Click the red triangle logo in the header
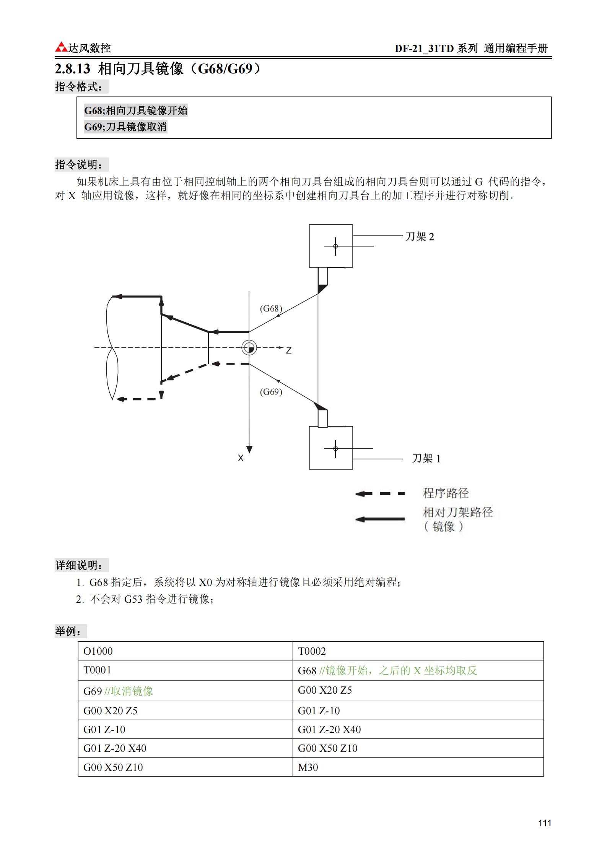pyautogui.click(x=61, y=47)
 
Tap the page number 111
pyautogui.click(x=544, y=823)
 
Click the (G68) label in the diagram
pyautogui.click(x=271, y=308)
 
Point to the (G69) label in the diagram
pyautogui.click(x=271, y=392)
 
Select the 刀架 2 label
pyautogui.click(x=420, y=237)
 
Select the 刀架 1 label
pyautogui.click(x=426, y=458)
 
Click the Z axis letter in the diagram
pyautogui.click(x=289, y=350)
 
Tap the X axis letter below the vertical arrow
pyautogui.click(x=241, y=458)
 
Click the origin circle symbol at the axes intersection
pyautogui.click(x=249, y=348)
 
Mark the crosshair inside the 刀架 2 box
pyautogui.click(x=335, y=246)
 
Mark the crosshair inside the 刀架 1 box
pyautogui.click(x=335, y=449)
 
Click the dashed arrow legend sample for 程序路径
pyautogui.click(x=380, y=494)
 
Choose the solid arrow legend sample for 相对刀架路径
pyautogui.click(x=380, y=519)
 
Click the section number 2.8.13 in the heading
pyautogui.click(x=72, y=69)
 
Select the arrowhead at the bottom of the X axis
pyautogui.click(x=249, y=449)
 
